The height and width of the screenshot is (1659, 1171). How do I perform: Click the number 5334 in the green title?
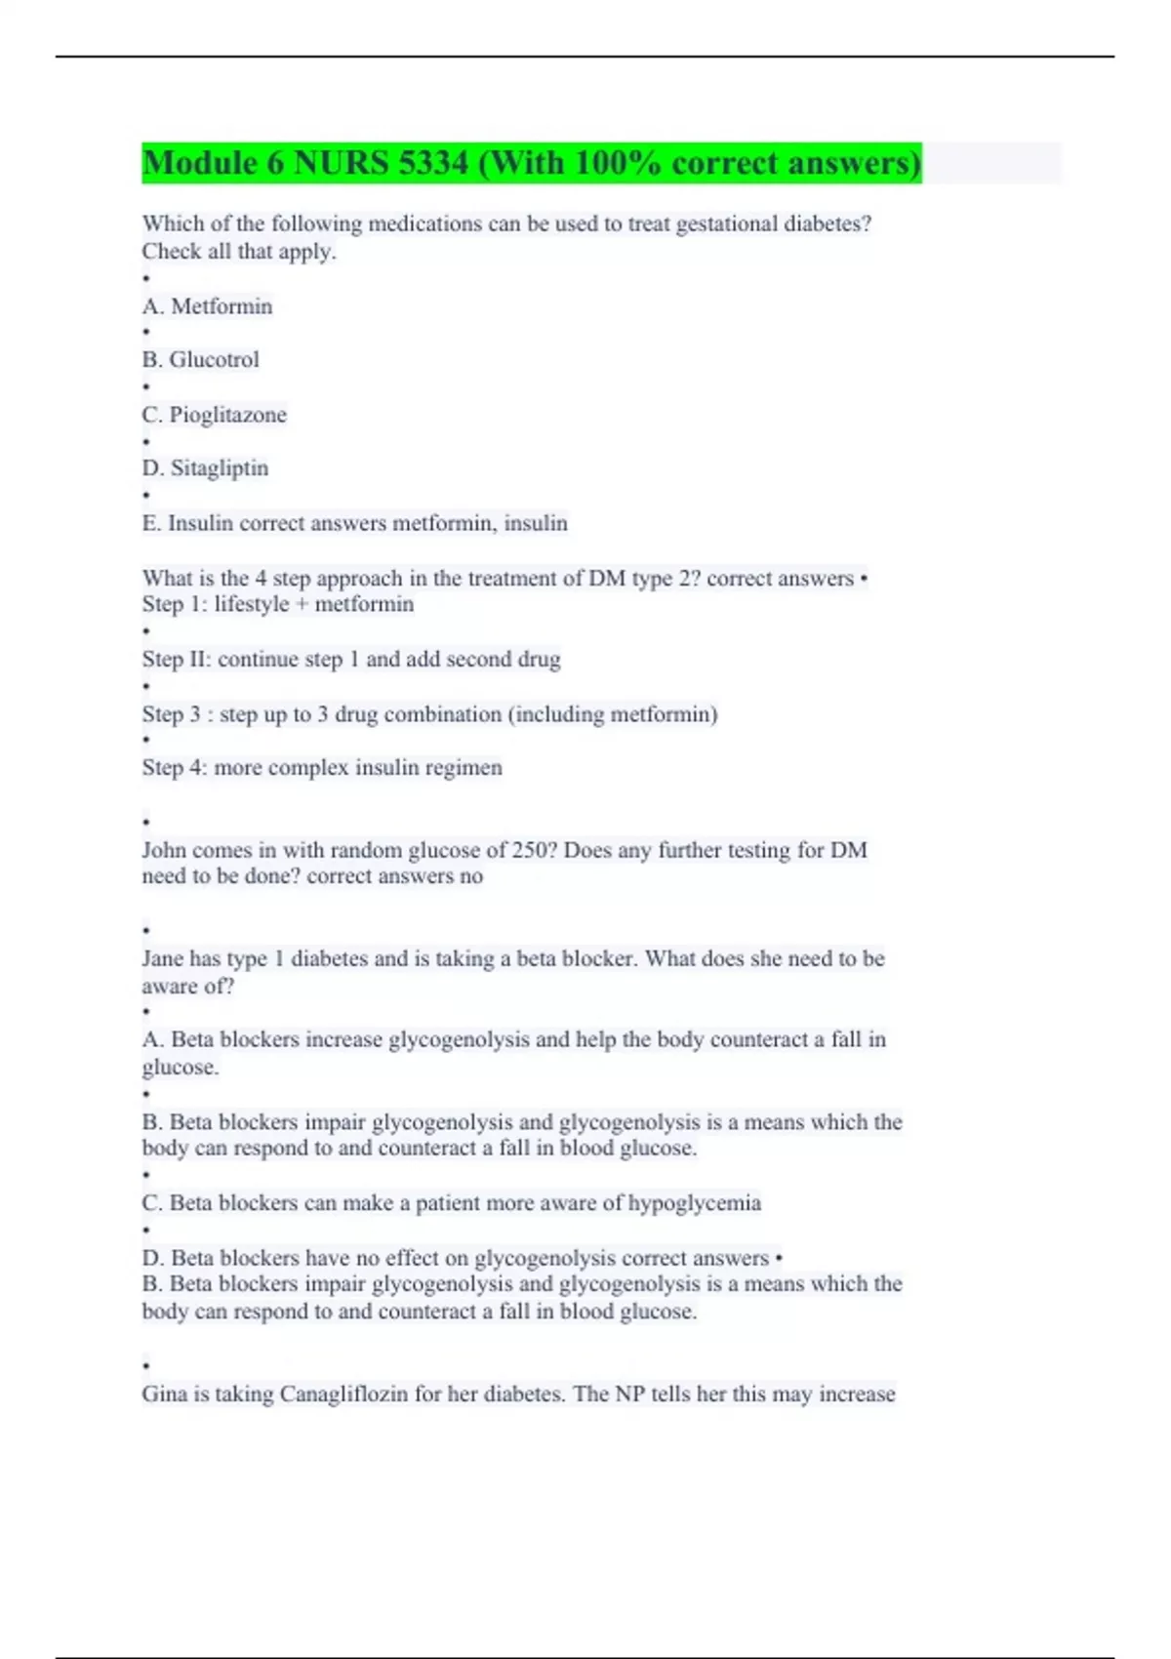(432, 163)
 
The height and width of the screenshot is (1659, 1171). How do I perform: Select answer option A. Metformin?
(207, 306)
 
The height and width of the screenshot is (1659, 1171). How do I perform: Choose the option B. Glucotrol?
(200, 360)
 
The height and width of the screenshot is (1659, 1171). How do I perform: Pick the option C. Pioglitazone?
(214, 415)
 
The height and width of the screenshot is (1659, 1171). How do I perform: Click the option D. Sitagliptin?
(205, 468)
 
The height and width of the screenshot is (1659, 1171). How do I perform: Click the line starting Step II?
(351, 660)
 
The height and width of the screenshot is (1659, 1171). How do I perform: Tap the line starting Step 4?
(322, 768)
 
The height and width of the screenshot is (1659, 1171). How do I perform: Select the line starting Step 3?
(429, 714)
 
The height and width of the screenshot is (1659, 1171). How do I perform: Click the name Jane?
(162, 959)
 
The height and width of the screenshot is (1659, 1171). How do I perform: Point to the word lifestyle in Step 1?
(251, 605)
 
